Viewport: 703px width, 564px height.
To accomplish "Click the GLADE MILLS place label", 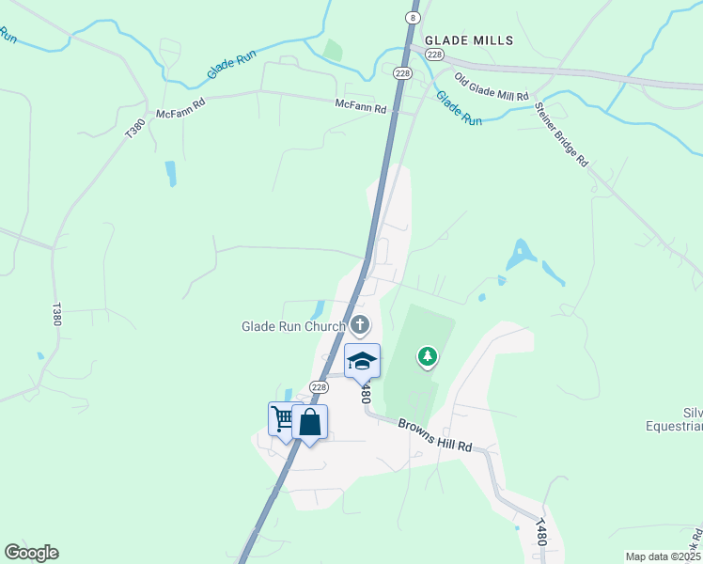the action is [469, 40].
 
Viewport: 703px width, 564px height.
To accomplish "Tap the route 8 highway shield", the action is [413, 18].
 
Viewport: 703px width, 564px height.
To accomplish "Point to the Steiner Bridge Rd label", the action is [561, 133].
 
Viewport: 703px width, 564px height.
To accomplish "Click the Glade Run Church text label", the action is [293, 327].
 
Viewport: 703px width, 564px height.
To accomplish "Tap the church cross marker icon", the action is [360, 326].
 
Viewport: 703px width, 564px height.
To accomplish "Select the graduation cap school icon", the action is [362, 360].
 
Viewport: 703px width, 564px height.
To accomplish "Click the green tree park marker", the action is [428, 356].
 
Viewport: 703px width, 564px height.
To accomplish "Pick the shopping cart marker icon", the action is [282, 417].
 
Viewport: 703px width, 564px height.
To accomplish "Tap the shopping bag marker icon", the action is [309, 422].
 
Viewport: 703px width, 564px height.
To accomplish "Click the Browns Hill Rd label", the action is [433, 435].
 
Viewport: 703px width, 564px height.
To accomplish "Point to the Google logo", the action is [31, 553].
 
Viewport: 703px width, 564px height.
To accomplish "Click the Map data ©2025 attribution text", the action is [663, 556].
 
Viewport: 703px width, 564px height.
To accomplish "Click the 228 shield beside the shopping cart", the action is [319, 387].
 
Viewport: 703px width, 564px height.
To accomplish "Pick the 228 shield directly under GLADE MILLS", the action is [433, 55].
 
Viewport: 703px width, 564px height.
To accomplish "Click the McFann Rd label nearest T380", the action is [180, 114].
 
